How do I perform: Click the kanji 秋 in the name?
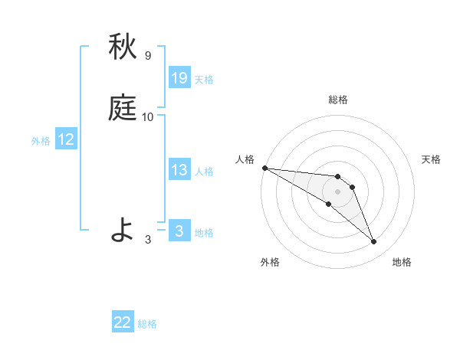[123, 47]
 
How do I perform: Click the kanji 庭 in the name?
[123, 109]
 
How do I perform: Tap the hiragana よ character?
[123, 230]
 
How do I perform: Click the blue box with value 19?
[179, 78]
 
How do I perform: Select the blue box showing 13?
[179, 170]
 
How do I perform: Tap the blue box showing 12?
[66, 139]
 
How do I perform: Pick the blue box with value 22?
[123, 322]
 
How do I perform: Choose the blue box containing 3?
[179, 231]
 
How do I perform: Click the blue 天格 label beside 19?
[204, 80]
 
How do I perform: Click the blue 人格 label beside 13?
[204, 172]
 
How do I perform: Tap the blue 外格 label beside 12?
[41, 141]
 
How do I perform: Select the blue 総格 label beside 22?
[147, 324]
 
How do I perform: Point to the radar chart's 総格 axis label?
[338, 100]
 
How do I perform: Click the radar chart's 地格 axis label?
[402, 263]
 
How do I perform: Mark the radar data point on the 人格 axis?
[264, 167]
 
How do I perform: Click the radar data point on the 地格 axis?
[374, 242]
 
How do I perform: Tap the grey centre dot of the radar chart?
[338, 191]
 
